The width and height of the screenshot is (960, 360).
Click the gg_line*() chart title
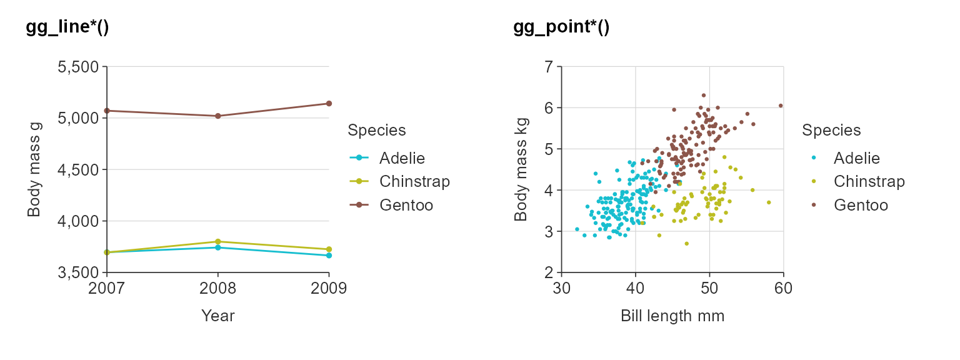[67, 27]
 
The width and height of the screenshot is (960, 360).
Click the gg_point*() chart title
[561, 27]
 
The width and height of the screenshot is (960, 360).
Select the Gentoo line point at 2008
[217, 116]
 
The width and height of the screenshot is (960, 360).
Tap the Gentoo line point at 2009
[329, 103]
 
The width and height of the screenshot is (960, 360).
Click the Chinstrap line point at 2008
[217, 241]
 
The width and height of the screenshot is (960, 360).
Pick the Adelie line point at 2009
[329, 255]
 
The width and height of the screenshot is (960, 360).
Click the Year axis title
[217, 316]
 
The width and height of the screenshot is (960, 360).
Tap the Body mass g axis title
[34, 169]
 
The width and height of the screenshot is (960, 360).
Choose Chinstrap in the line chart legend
[414, 181]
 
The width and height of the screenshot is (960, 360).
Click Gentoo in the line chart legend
[406, 205]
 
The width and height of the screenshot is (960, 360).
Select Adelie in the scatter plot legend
[856, 158]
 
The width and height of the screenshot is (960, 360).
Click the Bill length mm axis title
[672, 316]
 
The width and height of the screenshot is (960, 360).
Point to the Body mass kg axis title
[520, 169]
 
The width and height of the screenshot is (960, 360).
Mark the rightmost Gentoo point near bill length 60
[781, 106]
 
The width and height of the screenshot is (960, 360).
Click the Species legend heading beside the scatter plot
[831, 131]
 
